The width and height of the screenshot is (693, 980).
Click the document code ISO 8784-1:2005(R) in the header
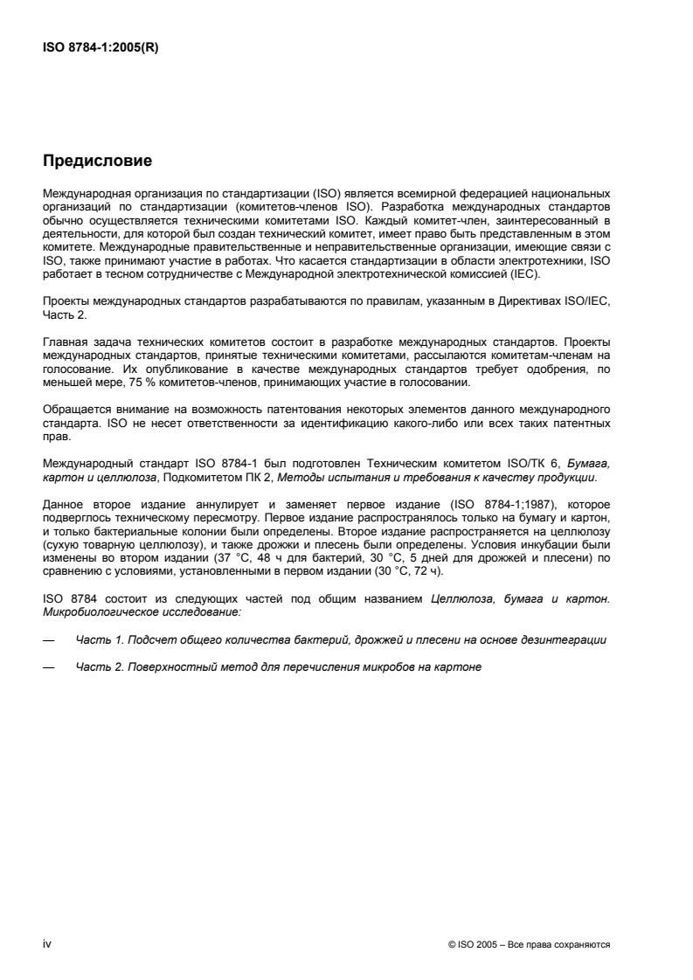(100, 48)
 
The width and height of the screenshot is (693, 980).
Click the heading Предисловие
(97, 161)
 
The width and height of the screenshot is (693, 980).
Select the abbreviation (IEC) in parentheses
(527, 274)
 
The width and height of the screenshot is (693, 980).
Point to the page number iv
(46, 943)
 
